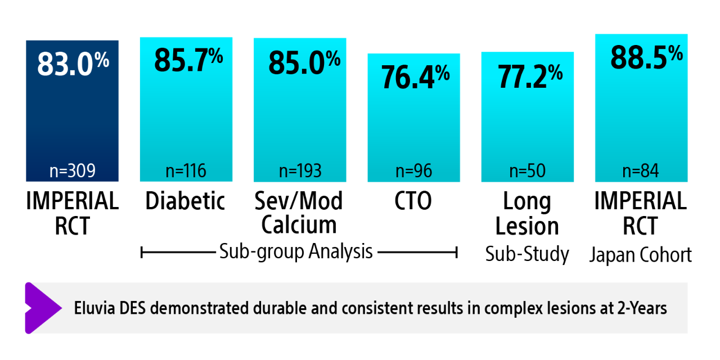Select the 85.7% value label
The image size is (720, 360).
(x=188, y=60)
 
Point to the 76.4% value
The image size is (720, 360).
(x=415, y=76)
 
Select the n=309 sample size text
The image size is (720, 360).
(x=73, y=171)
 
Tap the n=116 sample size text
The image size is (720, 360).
(x=186, y=171)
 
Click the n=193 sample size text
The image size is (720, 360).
(x=300, y=171)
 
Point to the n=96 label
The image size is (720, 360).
(x=414, y=171)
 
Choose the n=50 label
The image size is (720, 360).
(x=528, y=171)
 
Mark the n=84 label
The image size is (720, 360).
(x=641, y=171)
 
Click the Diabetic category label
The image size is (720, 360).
(x=185, y=201)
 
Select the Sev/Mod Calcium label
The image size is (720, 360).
(x=299, y=213)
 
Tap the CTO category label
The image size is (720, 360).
(x=413, y=201)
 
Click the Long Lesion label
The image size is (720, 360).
(x=527, y=214)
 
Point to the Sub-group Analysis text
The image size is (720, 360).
(x=296, y=251)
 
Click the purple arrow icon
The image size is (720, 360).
(x=42, y=308)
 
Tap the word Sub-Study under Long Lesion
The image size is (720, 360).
(x=527, y=255)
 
